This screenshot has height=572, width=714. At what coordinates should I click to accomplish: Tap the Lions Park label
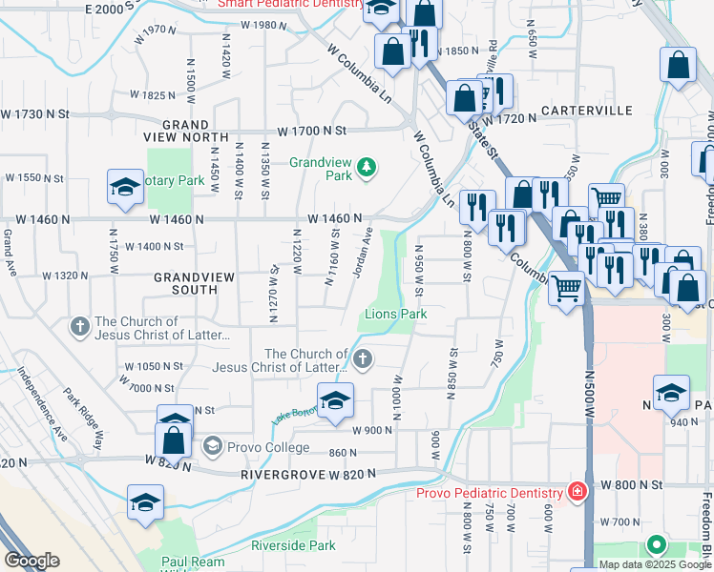coord(394,314)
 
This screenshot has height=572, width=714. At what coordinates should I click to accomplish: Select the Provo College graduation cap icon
coord(212,445)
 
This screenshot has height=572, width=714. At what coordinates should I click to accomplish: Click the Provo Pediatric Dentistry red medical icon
coord(577,492)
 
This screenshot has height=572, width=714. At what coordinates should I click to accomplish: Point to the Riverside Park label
coord(293,545)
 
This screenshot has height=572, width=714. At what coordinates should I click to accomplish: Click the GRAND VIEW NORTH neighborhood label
coord(185,132)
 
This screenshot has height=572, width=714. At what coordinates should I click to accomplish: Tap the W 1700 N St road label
coord(309,130)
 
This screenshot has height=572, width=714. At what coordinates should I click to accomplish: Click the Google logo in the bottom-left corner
coord(31,561)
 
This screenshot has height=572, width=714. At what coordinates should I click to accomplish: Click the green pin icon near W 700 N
coord(655,545)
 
